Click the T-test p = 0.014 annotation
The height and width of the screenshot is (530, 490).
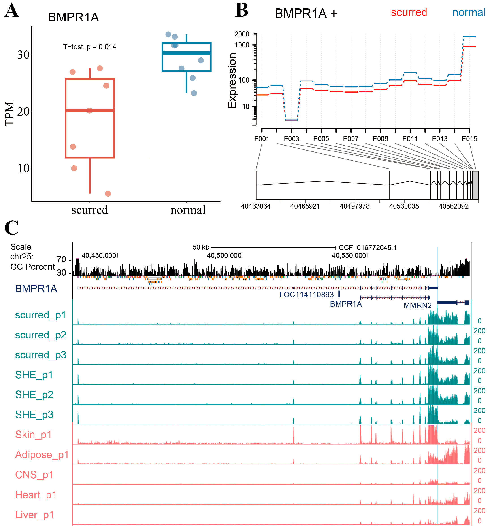pos(90,47)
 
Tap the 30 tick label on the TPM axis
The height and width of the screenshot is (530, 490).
pos(23,55)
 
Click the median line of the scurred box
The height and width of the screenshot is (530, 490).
pos(90,110)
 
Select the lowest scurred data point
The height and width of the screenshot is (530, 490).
pos(108,194)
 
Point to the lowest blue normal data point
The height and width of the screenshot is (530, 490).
pos(194,93)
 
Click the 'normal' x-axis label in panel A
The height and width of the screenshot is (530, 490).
pos(188,210)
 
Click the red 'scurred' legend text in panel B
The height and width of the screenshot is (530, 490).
pos(409,13)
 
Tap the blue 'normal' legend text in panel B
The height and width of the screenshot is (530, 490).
pos(469,13)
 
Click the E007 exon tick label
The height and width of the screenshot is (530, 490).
pos(351,139)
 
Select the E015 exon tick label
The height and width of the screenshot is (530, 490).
pos(469,139)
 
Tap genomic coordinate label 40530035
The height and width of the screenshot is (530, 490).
pos(404,206)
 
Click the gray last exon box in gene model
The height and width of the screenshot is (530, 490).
pos(475,185)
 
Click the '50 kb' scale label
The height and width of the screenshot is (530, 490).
pos(201,247)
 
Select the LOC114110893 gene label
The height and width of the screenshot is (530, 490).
pos(306,295)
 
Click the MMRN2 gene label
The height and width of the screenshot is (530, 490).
pos(417,305)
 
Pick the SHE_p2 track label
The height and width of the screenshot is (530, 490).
pos(34,394)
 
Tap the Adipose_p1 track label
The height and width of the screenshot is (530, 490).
pos(42,455)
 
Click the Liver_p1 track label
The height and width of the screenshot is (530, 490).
pos(34,515)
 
